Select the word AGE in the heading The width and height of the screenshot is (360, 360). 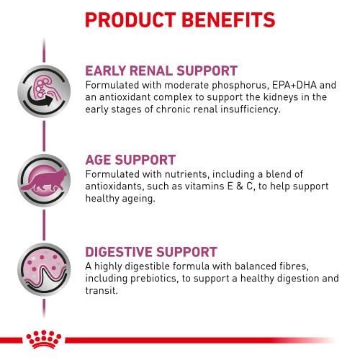click(100, 161)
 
